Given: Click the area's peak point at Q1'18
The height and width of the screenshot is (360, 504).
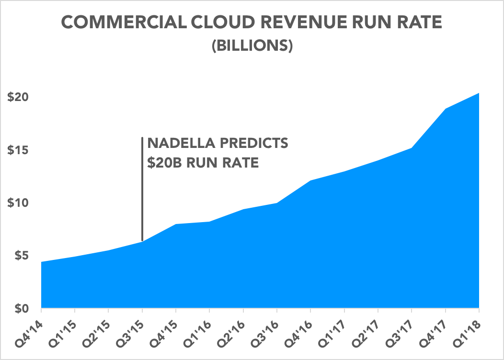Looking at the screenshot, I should [479, 93].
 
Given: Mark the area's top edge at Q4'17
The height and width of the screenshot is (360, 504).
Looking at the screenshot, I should [446, 109].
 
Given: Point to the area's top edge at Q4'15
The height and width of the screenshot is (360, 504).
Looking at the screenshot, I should [176, 224].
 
